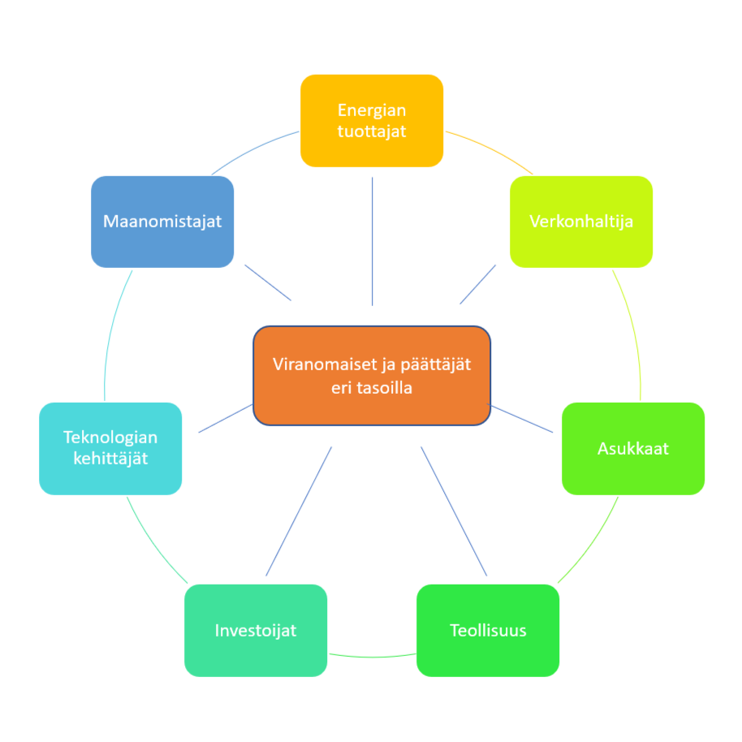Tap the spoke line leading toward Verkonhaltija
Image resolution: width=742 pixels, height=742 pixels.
tap(477, 284)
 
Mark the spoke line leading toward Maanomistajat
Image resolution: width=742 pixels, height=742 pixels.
tap(268, 283)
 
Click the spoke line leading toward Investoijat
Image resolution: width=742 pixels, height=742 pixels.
tap(299, 511)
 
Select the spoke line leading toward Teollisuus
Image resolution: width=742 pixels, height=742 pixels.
tap(454, 511)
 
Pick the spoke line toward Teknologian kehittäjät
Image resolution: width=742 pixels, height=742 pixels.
tap(226, 419)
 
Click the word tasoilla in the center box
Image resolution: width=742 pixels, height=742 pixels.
tap(383, 388)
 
